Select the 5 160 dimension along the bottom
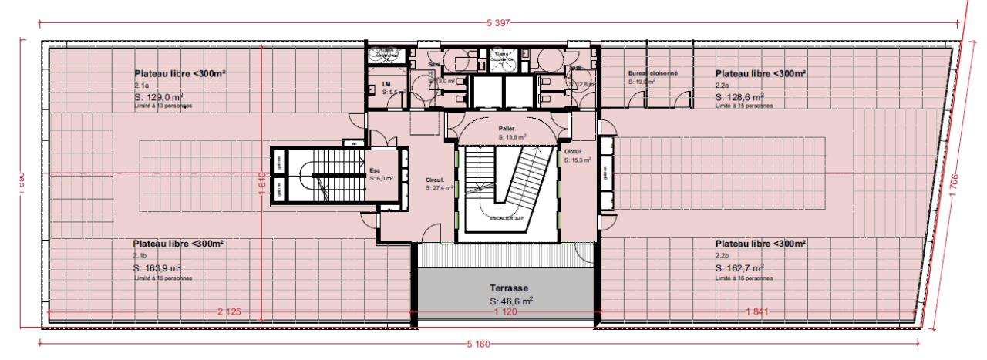click(478, 344)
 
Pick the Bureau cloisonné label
click(652, 73)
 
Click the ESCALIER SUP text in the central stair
click(506, 218)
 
